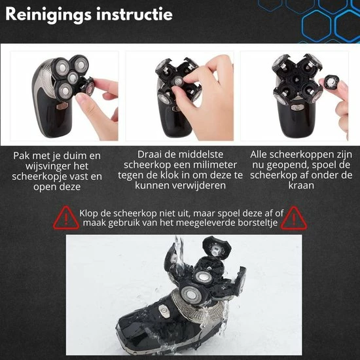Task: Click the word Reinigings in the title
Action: tap(48, 14)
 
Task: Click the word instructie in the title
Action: tap(134, 14)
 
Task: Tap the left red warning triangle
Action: tap(66, 218)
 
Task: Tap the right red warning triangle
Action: tap(294, 218)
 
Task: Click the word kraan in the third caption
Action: tap(301, 185)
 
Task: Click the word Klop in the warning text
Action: tap(89, 213)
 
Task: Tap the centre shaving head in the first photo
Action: tap(73, 78)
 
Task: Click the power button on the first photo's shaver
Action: tap(62, 106)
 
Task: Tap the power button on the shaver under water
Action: tap(164, 311)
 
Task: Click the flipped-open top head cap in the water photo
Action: tap(216, 247)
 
